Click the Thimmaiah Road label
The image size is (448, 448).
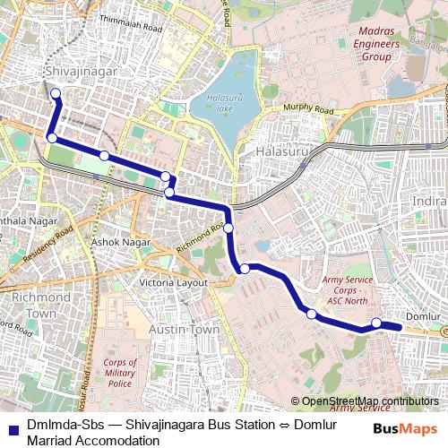click(x=131, y=28)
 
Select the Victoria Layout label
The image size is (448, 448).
click(x=173, y=282)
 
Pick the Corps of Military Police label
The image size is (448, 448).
click(x=119, y=373)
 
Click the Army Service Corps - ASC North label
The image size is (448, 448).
click(x=347, y=289)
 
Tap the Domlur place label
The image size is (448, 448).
click(x=422, y=318)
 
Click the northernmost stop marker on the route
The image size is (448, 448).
click(x=56, y=93)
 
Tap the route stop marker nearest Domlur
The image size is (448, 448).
click(x=376, y=323)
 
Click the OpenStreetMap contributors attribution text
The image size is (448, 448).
click(x=370, y=401)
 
